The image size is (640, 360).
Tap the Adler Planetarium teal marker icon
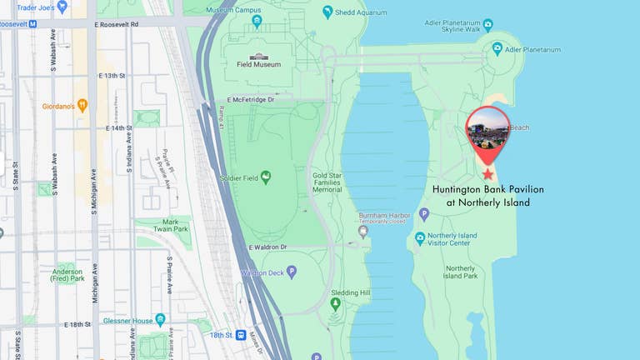pyautogui.click(x=497, y=49)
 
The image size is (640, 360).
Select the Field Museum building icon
pyautogui.click(x=258, y=57)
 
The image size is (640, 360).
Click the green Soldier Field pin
pyautogui.click(x=266, y=177)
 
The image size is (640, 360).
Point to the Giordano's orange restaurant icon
pyautogui.click(x=82, y=106)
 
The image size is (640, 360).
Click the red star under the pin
pyautogui.click(x=487, y=174)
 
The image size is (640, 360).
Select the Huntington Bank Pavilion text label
pyautogui.click(x=487, y=196)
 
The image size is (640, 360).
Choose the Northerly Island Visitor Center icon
pyautogui.click(x=420, y=238)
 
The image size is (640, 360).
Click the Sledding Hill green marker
pyautogui.click(x=335, y=305)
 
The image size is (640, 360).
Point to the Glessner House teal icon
pyautogui.click(x=160, y=320)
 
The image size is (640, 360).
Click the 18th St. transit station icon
pyautogui.click(x=241, y=335)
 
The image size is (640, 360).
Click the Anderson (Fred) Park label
pyautogui.click(x=67, y=275)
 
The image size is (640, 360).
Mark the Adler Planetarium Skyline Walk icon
pyautogui.click(x=487, y=25)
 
